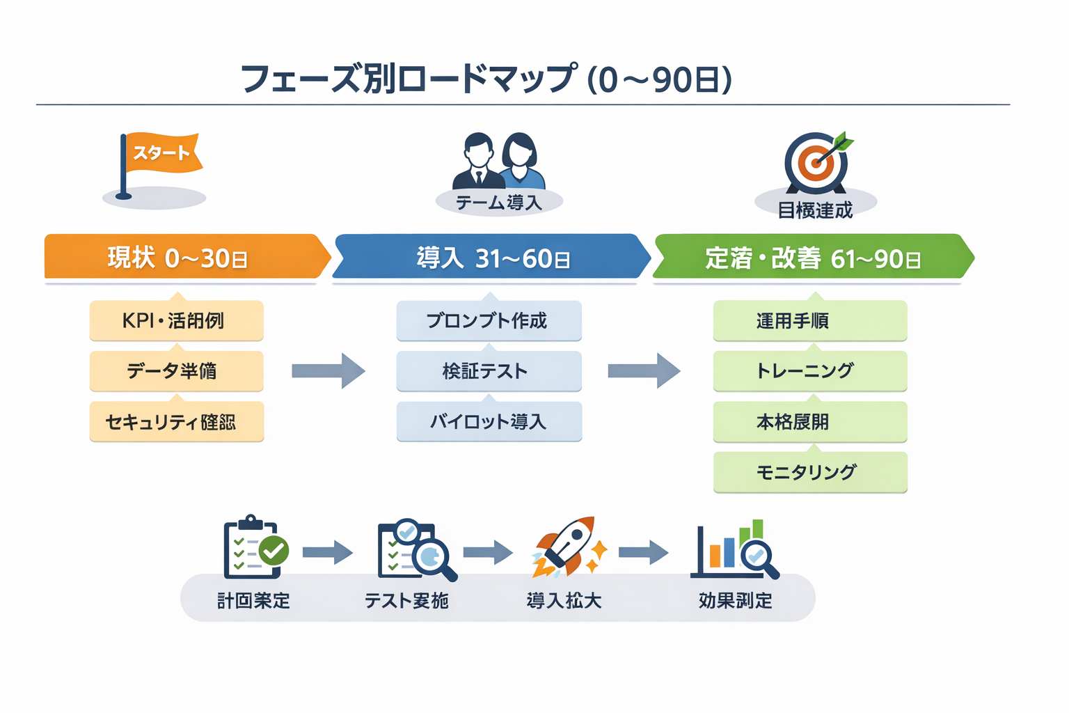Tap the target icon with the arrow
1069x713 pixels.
pyautogui.click(x=816, y=163)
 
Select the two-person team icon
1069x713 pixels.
pyautogui.click(x=498, y=162)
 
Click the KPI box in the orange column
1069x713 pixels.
pyautogui.click(x=176, y=320)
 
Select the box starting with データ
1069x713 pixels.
pyautogui.click(x=176, y=370)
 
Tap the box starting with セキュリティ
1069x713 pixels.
pyautogui.click(x=176, y=421)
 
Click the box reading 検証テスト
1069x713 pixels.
pyautogui.click(x=489, y=370)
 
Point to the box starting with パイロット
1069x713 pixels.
pyautogui.click(x=489, y=421)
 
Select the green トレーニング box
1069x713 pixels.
pyautogui.click(x=809, y=370)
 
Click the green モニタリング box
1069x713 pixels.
pyautogui.click(x=809, y=472)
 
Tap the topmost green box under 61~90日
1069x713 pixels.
pyautogui.click(x=809, y=320)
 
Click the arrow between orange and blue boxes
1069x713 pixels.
pyautogui.click(x=328, y=370)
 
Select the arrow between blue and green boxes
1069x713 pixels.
pyautogui.click(x=644, y=370)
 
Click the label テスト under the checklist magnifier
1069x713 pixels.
pyautogui.click(x=406, y=600)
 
